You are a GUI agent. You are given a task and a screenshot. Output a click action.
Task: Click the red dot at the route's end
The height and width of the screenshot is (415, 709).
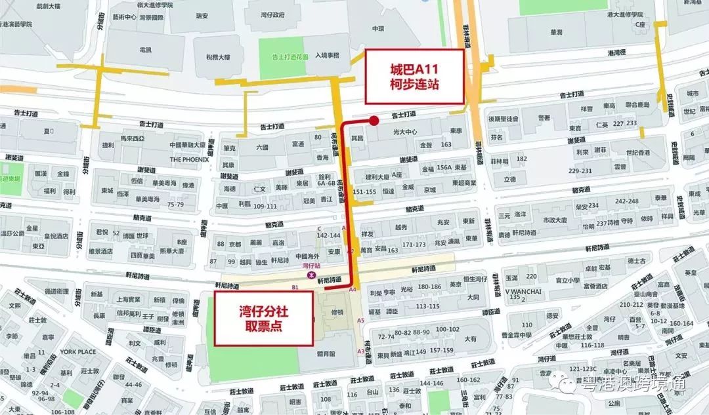374,120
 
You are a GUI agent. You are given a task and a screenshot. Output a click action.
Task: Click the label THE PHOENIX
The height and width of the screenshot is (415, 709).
188,159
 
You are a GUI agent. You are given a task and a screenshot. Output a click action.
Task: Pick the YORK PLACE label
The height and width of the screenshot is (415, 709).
78,352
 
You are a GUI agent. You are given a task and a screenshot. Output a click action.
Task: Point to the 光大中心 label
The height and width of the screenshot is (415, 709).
405,131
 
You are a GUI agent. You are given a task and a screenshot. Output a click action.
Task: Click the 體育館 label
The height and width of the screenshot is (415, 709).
325,353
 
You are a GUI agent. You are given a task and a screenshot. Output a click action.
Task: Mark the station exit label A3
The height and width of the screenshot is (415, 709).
360,351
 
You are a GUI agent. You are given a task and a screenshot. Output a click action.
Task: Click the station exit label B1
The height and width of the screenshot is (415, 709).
295,288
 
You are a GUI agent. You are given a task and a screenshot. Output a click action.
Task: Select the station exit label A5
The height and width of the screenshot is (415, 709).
360,320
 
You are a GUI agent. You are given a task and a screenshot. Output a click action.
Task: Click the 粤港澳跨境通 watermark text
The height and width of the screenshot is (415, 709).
634,384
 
